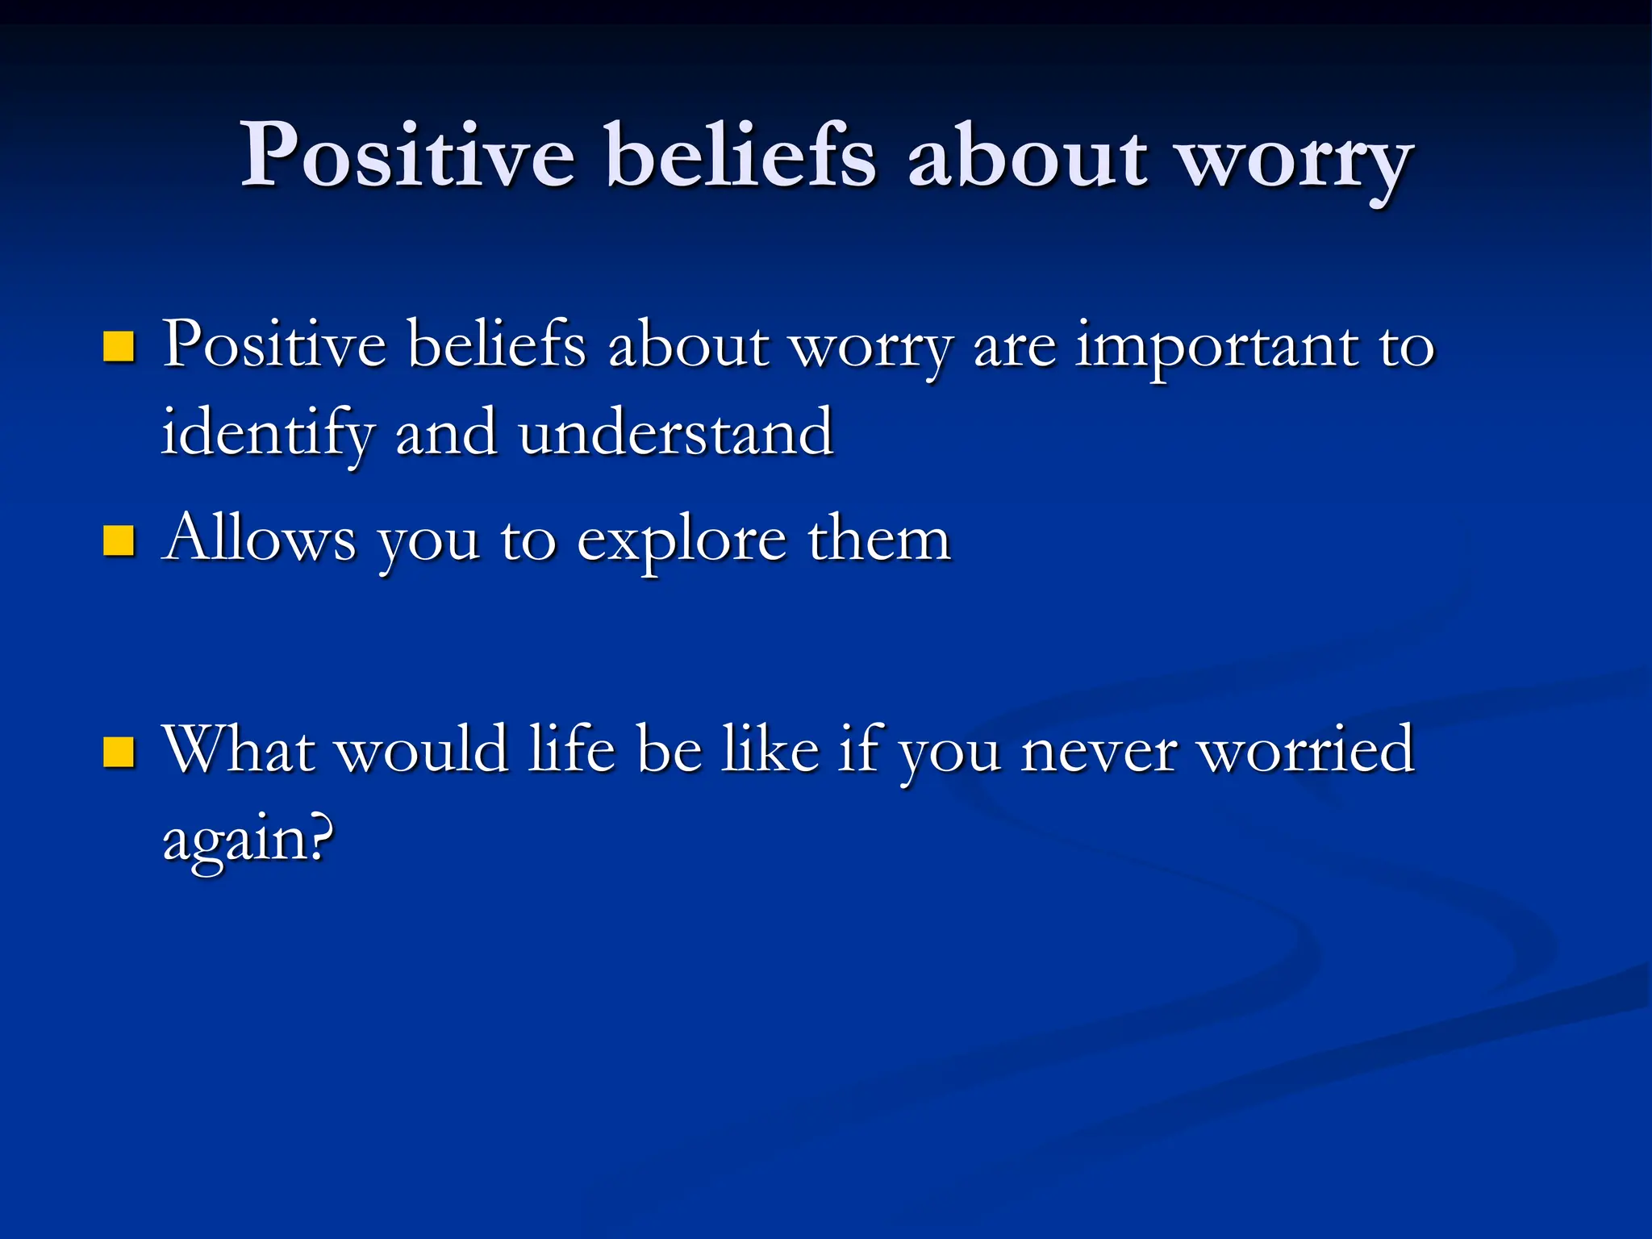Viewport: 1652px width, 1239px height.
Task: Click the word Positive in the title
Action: (x=408, y=155)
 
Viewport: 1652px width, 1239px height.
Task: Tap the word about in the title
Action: (x=1027, y=155)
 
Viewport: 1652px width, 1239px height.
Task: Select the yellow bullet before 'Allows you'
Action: (x=119, y=541)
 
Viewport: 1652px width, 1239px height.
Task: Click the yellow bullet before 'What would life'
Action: (x=119, y=752)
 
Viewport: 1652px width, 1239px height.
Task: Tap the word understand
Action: (x=675, y=432)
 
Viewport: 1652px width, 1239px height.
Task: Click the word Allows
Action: (x=259, y=539)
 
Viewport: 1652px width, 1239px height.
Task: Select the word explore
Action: (x=682, y=542)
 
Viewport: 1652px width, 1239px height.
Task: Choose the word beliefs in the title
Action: (x=740, y=155)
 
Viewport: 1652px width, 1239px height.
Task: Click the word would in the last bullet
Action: (x=421, y=749)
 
